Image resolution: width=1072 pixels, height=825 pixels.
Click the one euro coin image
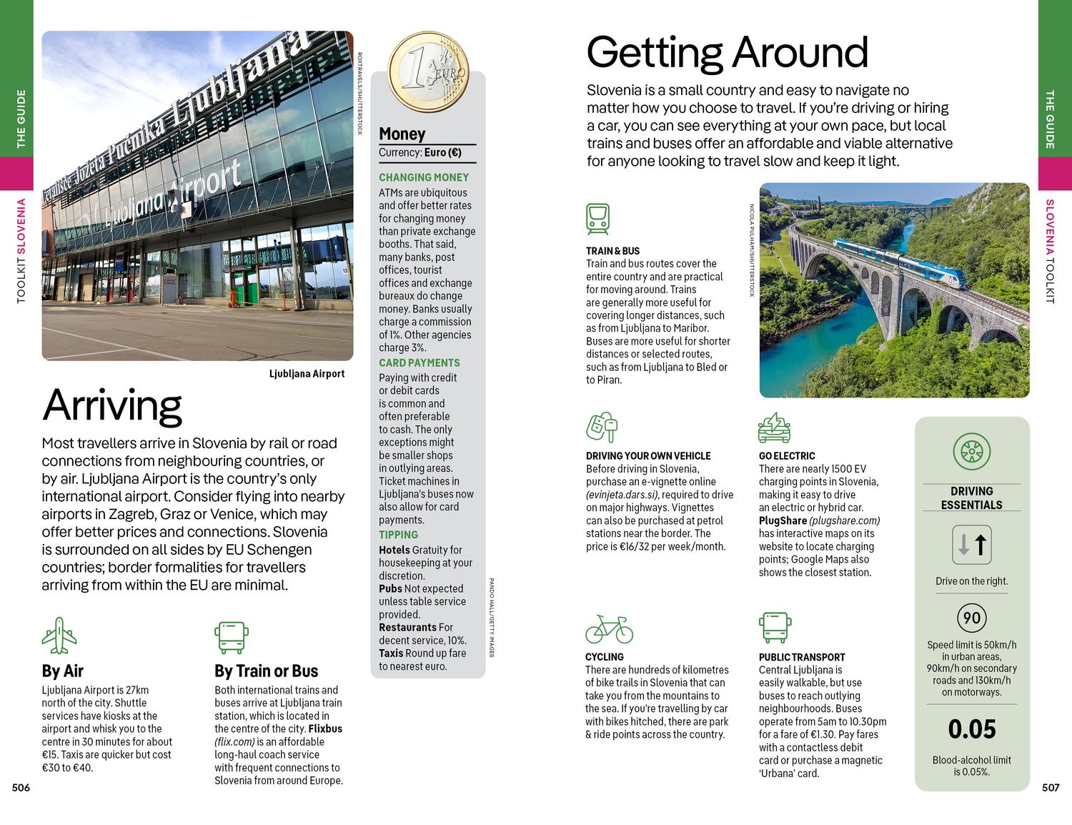(428, 71)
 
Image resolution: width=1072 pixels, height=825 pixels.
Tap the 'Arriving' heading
(112, 405)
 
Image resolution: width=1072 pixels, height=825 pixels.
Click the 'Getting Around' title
(727, 53)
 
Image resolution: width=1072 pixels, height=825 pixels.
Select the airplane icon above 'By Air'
(59, 636)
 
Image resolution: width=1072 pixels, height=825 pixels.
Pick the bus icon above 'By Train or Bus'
(232, 638)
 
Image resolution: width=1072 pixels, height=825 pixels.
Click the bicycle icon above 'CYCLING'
(609, 629)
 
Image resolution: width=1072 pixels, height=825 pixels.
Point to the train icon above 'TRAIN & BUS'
(597, 219)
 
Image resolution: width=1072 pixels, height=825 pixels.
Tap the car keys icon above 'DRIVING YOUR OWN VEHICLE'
(601, 428)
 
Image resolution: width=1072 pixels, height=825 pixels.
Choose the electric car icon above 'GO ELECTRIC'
(774, 428)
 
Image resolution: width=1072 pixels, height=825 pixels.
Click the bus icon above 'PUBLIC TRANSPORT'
(775, 628)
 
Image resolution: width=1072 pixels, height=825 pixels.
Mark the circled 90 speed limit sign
(971, 618)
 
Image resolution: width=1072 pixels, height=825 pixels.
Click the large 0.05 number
(971, 729)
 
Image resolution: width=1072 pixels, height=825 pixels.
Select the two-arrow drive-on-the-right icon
(971, 545)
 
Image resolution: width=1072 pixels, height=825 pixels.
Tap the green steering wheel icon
(971, 451)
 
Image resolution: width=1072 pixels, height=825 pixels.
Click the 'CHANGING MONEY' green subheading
(424, 177)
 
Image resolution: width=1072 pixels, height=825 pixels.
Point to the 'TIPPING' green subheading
(398, 535)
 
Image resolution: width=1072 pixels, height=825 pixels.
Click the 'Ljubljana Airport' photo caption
(307, 374)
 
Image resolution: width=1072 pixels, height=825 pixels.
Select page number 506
(21, 788)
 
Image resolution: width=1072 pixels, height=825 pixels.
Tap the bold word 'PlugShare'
(783, 520)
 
